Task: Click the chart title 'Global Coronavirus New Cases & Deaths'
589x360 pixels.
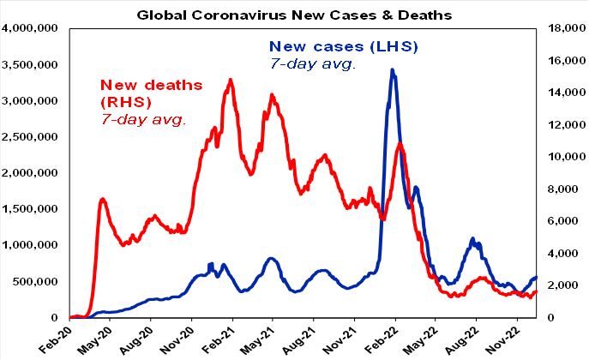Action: coord(295,14)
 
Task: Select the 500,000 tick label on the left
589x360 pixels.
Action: coord(35,281)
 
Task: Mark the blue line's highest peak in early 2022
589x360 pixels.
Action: coord(392,70)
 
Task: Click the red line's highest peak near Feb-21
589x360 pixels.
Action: coord(230,80)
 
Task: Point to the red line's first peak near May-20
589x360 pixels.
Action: coord(103,199)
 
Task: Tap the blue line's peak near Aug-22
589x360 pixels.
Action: coord(472,238)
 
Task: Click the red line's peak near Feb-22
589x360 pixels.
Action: coord(400,143)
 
